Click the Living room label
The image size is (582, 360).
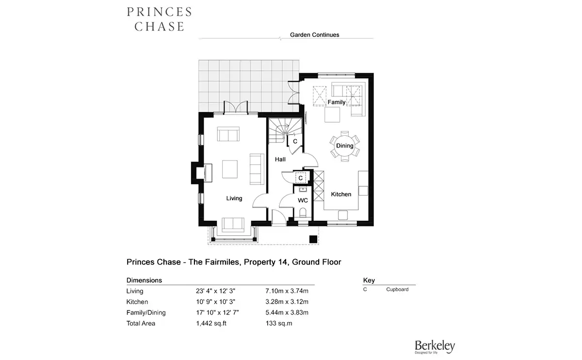pos(234,198)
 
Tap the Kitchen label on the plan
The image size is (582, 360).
pos(341,194)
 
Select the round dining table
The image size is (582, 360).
pos(345,146)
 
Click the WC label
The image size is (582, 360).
pos(303,200)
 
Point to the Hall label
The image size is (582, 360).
pos(280,159)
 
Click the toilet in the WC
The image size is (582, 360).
pos(303,213)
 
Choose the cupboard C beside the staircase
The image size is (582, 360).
pos(295,142)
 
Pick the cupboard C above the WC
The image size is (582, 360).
pos(300,178)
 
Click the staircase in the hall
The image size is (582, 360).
pos(285,131)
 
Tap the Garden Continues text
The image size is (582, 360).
pos(314,35)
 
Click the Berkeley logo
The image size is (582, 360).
pos(435,347)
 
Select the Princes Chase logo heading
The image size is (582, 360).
pos(159,19)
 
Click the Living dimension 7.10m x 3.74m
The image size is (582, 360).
pos(287,291)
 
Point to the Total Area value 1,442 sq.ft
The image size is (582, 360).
pos(211,323)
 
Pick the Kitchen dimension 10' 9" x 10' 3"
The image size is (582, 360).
pos(216,302)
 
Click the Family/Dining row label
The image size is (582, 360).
pos(146,312)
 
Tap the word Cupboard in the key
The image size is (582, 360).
pos(397,290)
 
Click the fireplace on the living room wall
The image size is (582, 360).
pos(202,173)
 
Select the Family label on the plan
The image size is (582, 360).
pos(337,102)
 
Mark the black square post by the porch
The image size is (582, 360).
pos(313,239)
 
